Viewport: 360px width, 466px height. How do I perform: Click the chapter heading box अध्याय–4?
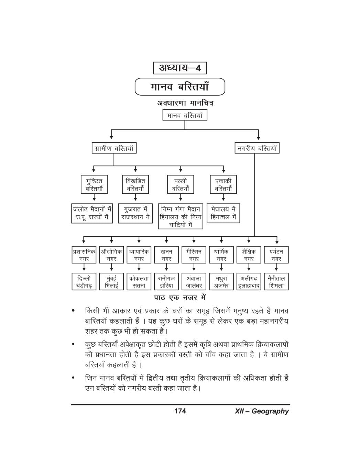pos(179,68)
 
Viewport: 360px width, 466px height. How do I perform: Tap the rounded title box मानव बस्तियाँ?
pos(179,86)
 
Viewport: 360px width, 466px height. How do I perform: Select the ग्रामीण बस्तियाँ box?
pos(114,149)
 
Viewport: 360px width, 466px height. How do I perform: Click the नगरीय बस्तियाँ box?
pos(257,149)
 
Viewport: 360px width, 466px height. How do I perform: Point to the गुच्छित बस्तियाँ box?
pos(94,185)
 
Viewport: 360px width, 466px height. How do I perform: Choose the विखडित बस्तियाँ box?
pos(135,185)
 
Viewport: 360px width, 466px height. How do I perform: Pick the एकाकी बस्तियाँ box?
pos(223,185)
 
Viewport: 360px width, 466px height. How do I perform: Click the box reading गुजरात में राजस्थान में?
pos(135,213)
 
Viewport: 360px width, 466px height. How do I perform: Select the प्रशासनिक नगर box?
pos(84,255)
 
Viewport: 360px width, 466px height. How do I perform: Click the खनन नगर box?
pos(166,255)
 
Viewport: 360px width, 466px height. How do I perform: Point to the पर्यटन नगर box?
pos(276,255)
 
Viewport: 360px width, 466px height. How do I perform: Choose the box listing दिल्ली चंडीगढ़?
pos(84,282)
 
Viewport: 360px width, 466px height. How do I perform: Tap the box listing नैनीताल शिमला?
pos(276,282)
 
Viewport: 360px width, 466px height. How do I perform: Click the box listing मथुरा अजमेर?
pos(221,282)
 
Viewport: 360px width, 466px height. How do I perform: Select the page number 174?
pos(180,411)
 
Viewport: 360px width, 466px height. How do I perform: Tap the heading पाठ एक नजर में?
pos(179,297)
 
